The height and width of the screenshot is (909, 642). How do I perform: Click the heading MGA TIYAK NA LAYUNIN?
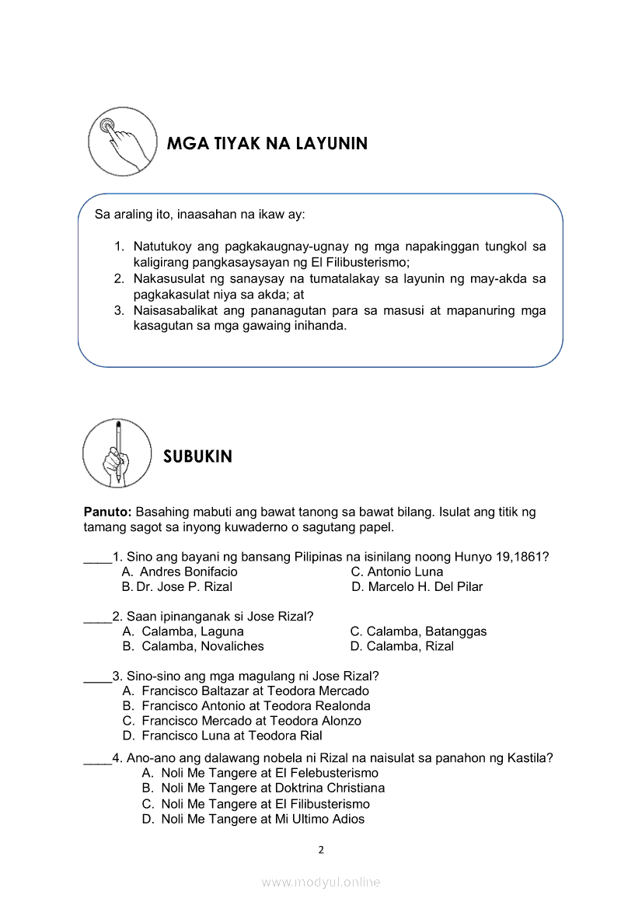[267, 144]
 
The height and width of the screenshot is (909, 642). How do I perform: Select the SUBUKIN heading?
[197, 456]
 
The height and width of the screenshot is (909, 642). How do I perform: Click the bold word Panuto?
[107, 512]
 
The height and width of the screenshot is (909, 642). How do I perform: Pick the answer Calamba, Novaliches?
[202, 646]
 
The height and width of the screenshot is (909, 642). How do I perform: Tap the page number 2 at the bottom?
[321, 849]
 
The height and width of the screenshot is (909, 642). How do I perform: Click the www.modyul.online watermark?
[321, 882]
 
